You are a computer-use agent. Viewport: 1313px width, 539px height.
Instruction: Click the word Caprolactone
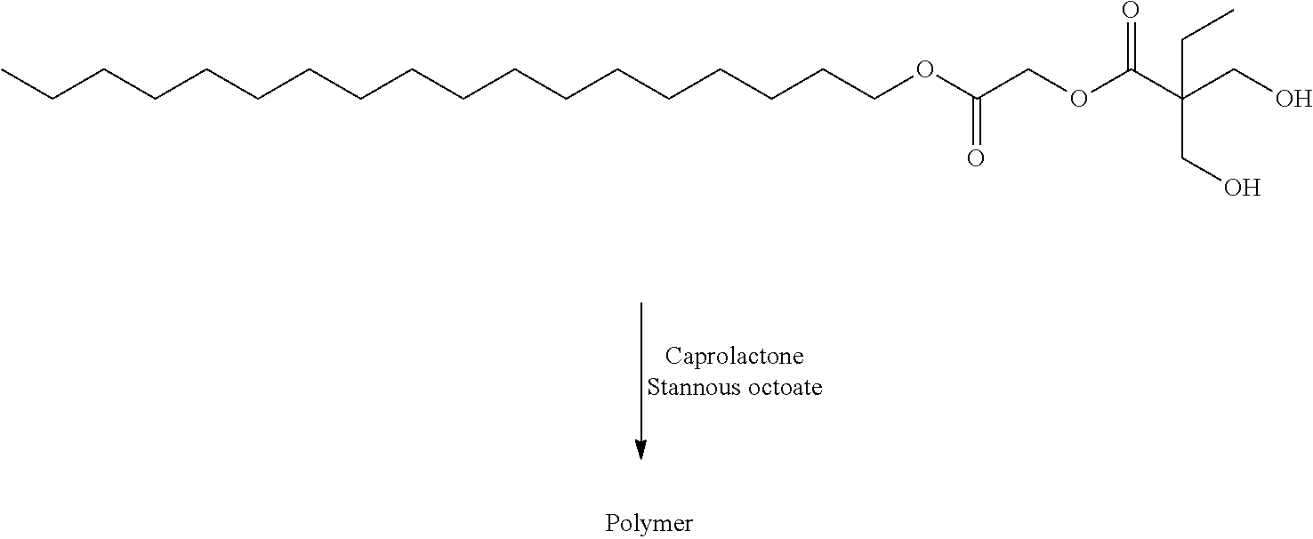734,356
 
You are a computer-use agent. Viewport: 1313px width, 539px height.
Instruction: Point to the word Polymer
648,524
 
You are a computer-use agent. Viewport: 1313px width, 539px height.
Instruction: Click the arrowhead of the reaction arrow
641,449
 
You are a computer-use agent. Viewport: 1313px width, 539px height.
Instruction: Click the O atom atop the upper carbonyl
1130,10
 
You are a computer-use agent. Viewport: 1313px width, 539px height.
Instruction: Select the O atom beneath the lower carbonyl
975,158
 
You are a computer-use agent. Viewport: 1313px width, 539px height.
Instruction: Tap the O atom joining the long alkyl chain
924,69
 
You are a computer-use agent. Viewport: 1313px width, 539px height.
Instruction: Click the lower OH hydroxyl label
1242,188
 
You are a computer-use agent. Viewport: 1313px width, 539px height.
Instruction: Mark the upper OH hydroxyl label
1293,99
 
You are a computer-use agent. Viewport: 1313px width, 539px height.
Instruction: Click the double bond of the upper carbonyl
1130,45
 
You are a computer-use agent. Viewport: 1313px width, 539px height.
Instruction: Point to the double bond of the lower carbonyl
975,122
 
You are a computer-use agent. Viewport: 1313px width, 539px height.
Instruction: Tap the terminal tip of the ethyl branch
1233,11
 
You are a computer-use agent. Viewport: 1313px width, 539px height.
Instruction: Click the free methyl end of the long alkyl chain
3,70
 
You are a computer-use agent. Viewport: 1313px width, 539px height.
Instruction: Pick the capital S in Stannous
653,387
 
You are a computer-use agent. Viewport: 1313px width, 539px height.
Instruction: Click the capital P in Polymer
612,522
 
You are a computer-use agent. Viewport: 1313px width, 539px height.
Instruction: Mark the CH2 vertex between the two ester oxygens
1027,70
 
